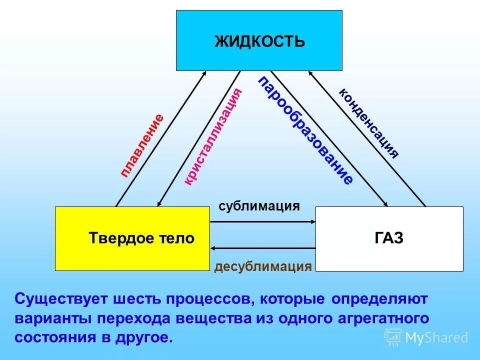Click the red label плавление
(x=142, y=145)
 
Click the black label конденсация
(x=369, y=122)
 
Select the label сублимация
(x=259, y=206)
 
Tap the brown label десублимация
(x=263, y=266)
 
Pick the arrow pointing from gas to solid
(x=262, y=247)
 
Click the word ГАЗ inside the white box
(x=389, y=238)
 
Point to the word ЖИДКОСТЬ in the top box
(x=259, y=40)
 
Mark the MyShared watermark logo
(x=426, y=338)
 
